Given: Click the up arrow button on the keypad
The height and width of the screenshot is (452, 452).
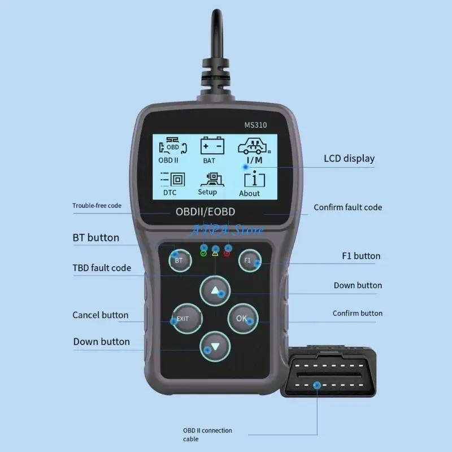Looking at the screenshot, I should tap(215, 291).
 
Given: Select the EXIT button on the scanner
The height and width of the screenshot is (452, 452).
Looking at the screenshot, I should tap(182, 319).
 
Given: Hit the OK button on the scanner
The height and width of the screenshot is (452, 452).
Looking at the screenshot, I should tap(242, 318).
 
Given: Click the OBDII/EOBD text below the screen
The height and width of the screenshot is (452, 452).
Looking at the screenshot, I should tap(206, 212).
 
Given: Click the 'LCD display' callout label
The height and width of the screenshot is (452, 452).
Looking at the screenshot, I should tap(349, 158).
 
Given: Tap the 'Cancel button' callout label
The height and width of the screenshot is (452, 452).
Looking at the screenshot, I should tap(100, 315).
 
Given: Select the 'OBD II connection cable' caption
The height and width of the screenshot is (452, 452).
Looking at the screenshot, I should tap(207, 434).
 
